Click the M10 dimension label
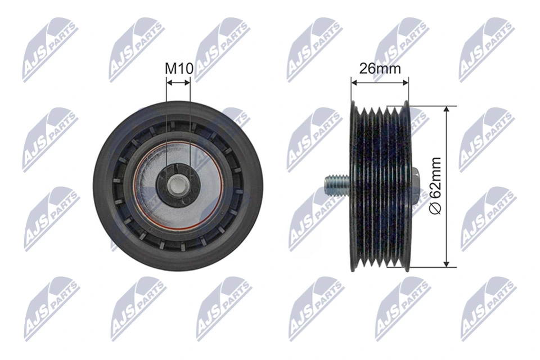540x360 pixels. pyautogui.click(x=179, y=69)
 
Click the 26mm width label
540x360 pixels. pyautogui.click(x=380, y=69)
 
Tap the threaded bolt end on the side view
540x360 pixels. pyautogui.click(x=335, y=183)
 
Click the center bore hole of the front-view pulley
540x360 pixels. pyautogui.click(x=178, y=183)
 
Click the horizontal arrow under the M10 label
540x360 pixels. pyautogui.click(x=179, y=82)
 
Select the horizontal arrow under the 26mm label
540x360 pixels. pyautogui.click(x=380, y=82)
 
